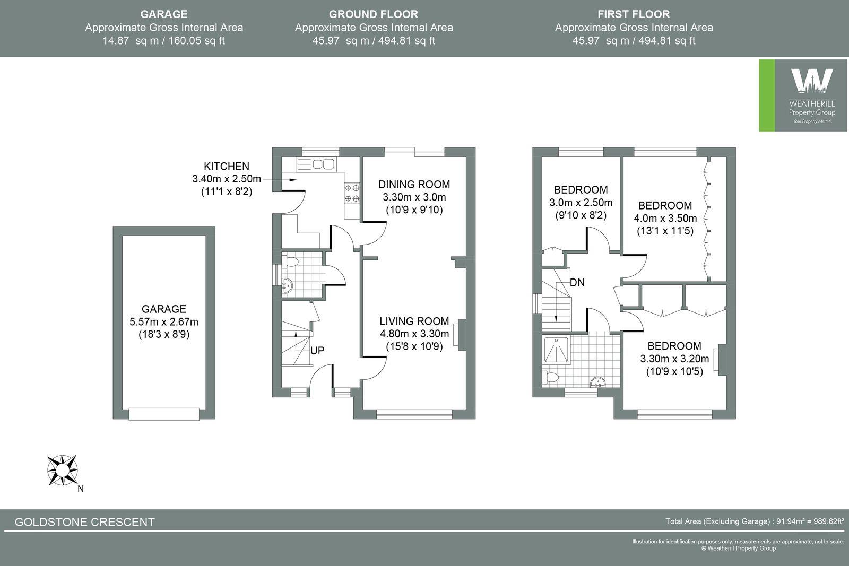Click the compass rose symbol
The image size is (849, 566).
coord(62,470)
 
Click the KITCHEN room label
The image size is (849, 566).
coord(227,167)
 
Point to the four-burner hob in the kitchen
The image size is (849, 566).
coord(352,193)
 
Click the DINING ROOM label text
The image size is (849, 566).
coord(414,185)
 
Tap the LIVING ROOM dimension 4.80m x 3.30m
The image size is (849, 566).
coord(414,334)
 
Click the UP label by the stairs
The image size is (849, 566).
coord(317,351)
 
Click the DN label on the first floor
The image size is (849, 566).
coord(577,283)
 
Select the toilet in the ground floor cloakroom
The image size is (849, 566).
coord(291,262)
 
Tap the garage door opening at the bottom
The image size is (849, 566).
coord(164,414)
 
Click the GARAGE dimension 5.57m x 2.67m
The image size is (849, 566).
coord(164,322)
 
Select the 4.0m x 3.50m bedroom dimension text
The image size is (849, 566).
coord(665,218)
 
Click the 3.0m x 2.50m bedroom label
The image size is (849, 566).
coord(581,203)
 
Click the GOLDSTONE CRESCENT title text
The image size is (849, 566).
coord(85,522)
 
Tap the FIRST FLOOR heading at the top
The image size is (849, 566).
coord(634,14)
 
